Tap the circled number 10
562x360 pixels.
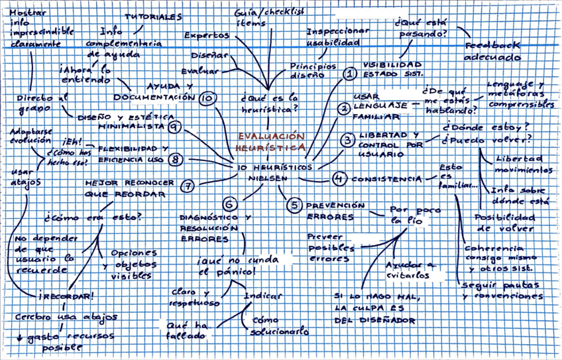point(207,98)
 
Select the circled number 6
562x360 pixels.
point(229,204)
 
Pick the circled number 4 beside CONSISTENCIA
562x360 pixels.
point(339,178)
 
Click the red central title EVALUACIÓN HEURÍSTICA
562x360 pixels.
point(272,141)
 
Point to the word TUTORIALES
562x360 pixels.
point(155,16)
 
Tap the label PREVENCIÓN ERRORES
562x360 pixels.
point(335,211)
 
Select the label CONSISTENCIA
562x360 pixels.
point(386,179)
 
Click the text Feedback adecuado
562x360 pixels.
point(492,52)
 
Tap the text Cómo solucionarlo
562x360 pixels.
point(278,324)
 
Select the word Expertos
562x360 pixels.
point(207,35)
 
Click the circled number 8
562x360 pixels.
point(175,159)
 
